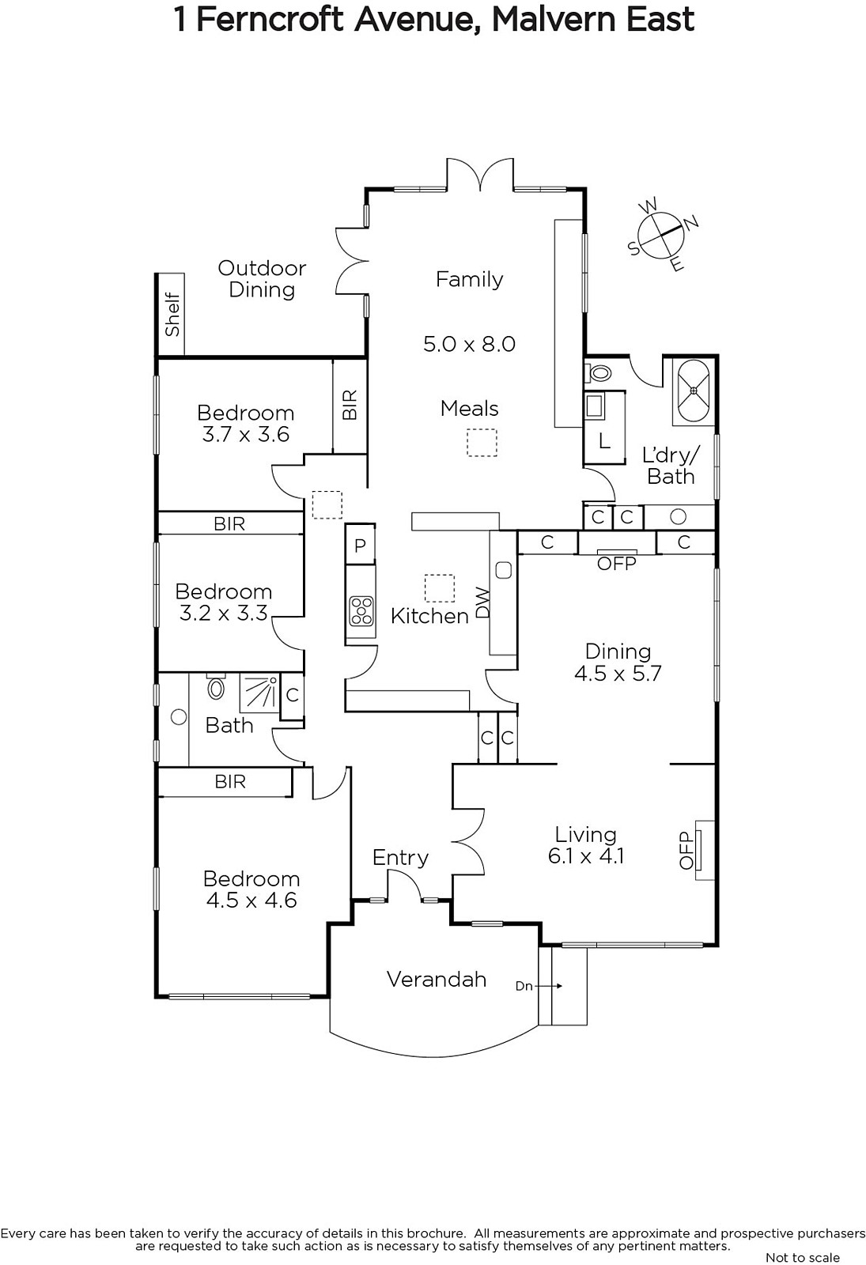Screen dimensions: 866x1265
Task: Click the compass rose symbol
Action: click(661, 235)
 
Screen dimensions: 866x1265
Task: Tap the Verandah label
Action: click(436, 979)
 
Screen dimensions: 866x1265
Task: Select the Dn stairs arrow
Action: click(547, 986)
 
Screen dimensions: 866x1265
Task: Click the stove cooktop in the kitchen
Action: click(361, 611)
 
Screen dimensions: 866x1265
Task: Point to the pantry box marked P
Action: click(361, 545)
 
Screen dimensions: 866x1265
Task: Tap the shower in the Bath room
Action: click(259, 693)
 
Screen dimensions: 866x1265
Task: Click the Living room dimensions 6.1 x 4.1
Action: click(586, 856)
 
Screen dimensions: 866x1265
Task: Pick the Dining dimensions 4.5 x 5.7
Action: click(618, 673)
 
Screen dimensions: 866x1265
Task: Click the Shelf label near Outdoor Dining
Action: click(172, 314)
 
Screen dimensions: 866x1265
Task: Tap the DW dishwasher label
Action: click(483, 602)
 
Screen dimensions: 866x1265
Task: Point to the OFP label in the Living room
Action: click(686, 850)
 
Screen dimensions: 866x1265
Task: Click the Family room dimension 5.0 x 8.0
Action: click(470, 344)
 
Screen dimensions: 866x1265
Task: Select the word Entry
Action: click(400, 858)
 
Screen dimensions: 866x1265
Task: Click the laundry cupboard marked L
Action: click(604, 441)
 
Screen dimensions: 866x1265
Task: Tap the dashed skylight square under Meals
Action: click(482, 442)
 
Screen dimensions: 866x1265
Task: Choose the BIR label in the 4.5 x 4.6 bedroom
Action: click(230, 782)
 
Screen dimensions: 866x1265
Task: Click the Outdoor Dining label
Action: click(262, 278)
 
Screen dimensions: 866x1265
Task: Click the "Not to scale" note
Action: click(803, 1257)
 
